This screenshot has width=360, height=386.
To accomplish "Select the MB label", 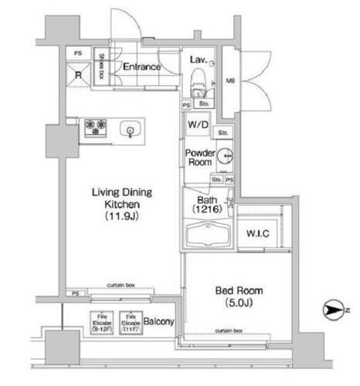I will tap(229, 80).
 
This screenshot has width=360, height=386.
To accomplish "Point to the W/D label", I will tap(196, 124).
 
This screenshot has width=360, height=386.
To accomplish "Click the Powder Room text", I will tap(199, 157).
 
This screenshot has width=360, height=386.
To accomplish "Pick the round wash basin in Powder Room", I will tap(223, 156).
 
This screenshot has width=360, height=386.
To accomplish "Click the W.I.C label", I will tap(257, 233).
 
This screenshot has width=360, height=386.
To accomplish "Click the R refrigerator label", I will tap(78, 75).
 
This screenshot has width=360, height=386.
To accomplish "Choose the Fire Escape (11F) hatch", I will tap(129, 320).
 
